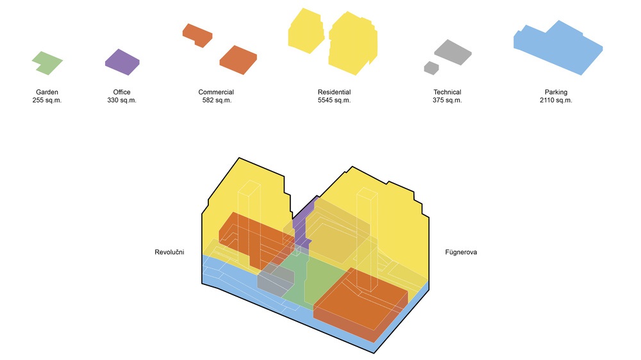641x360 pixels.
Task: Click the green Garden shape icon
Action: point(47,63)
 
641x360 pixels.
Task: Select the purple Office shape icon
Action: point(122,62)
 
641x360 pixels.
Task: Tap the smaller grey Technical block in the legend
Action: point(431,68)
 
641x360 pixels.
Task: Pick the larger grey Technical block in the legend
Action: point(453,53)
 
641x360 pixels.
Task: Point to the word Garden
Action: point(47,92)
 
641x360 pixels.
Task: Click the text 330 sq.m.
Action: point(122,100)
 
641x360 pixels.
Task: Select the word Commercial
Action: point(216,92)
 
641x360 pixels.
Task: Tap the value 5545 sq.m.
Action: point(335,100)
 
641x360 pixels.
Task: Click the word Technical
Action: point(447,92)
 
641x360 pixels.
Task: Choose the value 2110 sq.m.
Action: point(556,100)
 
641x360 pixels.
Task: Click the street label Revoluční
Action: point(169,252)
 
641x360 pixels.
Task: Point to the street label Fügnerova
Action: point(461,252)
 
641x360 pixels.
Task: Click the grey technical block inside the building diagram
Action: point(275,279)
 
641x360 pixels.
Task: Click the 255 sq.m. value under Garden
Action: point(47,100)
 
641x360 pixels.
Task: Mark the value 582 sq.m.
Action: point(217,100)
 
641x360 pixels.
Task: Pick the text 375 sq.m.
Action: point(447,100)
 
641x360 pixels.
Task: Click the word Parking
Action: point(556,92)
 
